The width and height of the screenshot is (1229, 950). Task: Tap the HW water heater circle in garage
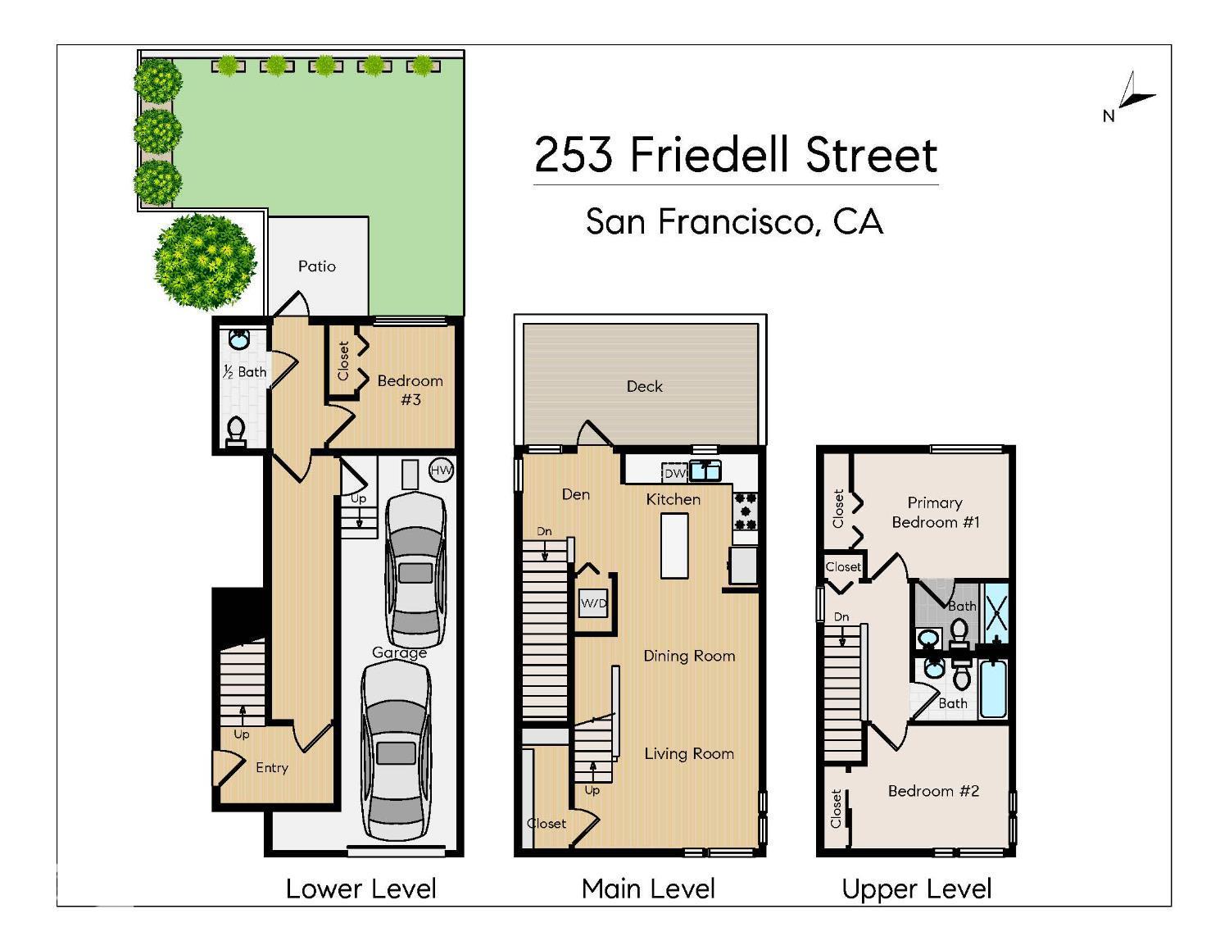pyautogui.click(x=441, y=470)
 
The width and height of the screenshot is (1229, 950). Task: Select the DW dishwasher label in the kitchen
pyautogui.click(x=674, y=473)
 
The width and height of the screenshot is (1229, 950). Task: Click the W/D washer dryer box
pyautogui.click(x=593, y=604)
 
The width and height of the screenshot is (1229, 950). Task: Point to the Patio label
pyautogui.click(x=317, y=266)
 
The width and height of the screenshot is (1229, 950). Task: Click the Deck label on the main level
pyautogui.click(x=644, y=386)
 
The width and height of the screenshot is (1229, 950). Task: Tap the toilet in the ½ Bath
pyautogui.click(x=236, y=431)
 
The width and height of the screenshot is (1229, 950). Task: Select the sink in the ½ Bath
pyautogui.click(x=238, y=339)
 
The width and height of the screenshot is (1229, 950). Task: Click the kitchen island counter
pyautogui.click(x=674, y=545)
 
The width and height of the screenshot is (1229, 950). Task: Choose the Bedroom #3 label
pyautogui.click(x=410, y=390)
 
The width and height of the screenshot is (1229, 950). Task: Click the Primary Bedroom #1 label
pyautogui.click(x=935, y=512)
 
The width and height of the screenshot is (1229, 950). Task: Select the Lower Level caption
pyautogui.click(x=361, y=889)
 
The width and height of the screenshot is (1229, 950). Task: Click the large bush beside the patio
pyautogui.click(x=204, y=261)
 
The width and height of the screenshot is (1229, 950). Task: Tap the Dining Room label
pyautogui.click(x=688, y=656)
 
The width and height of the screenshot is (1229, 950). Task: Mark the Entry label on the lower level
pyautogui.click(x=272, y=768)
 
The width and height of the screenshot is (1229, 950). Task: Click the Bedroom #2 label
pyautogui.click(x=933, y=791)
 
